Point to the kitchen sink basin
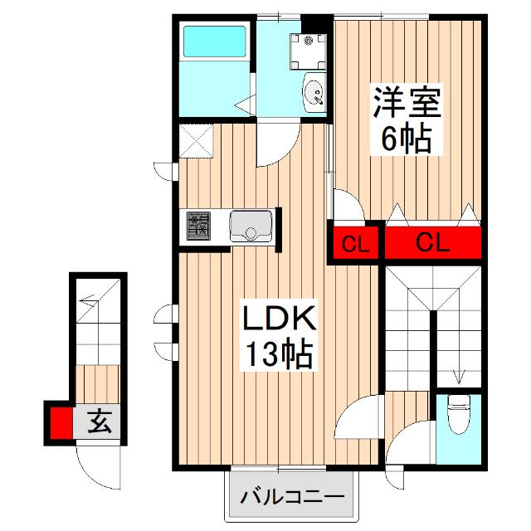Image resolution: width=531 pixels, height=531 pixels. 251,225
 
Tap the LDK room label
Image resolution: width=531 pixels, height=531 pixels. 277,320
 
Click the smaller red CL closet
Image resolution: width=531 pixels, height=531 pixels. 356,244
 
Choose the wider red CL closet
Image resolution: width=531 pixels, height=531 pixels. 432,243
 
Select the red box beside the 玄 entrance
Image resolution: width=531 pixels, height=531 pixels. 61,422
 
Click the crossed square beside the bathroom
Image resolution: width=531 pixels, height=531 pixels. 196,141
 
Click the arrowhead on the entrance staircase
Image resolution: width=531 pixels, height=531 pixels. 85,300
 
